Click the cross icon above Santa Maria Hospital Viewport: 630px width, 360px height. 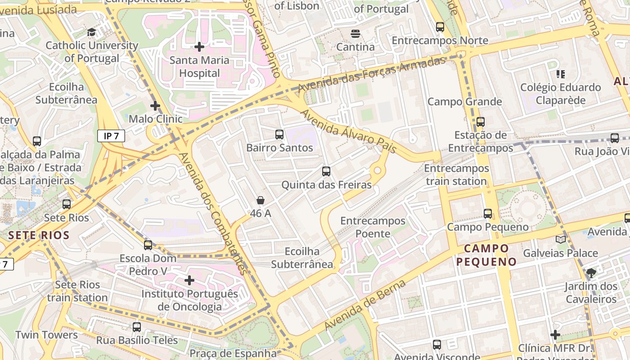coord(199,47)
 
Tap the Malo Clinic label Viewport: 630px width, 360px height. coord(156,119)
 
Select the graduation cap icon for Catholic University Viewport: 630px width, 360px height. coord(92,32)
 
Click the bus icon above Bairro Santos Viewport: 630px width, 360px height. coord(279,134)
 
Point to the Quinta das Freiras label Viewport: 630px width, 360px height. coord(326,185)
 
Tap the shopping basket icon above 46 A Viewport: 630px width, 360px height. coord(260,200)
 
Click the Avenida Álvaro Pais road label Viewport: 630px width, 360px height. coord(348,131)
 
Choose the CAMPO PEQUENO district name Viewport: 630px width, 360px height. coord(486,255)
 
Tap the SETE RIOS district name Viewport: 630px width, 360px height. coord(39,235)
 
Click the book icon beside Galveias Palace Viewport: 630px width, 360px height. coord(561,239)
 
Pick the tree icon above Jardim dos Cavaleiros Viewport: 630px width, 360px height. coord(591,273)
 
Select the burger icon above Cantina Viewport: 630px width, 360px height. coord(355,34)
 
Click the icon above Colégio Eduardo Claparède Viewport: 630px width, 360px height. coord(560,74)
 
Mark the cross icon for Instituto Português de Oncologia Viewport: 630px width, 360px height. coord(189,280)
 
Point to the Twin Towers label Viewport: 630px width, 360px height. coord(46,335)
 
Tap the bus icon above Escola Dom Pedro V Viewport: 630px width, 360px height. coord(148,245)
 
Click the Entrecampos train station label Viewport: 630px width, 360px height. coord(456,175)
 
